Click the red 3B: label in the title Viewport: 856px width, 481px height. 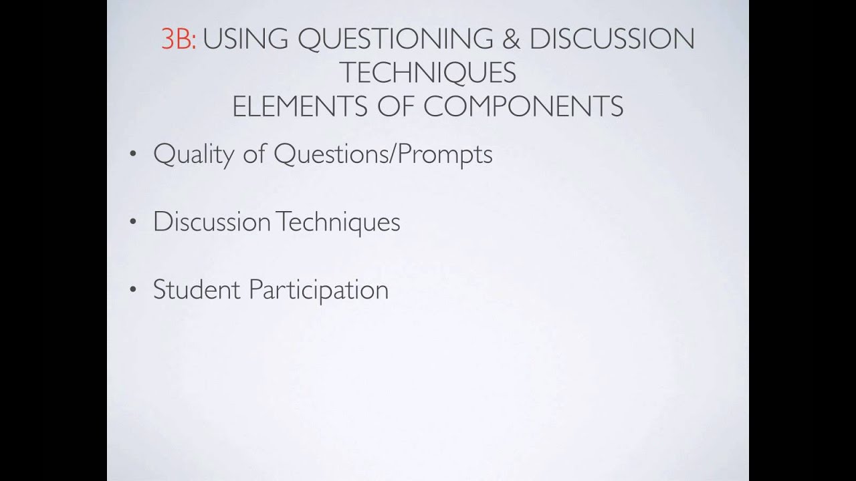click(x=179, y=40)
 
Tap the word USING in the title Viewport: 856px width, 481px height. click(x=245, y=40)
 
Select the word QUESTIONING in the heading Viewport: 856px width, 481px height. click(x=393, y=40)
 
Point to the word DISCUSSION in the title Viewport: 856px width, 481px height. click(x=612, y=40)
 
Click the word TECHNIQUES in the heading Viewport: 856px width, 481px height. click(x=428, y=73)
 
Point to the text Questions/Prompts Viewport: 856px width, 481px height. click(x=383, y=155)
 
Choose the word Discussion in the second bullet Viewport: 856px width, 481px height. click(x=212, y=222)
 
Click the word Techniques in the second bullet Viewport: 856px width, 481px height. click(x=338, y=222)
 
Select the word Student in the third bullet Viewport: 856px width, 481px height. click(x=197, y=290)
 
